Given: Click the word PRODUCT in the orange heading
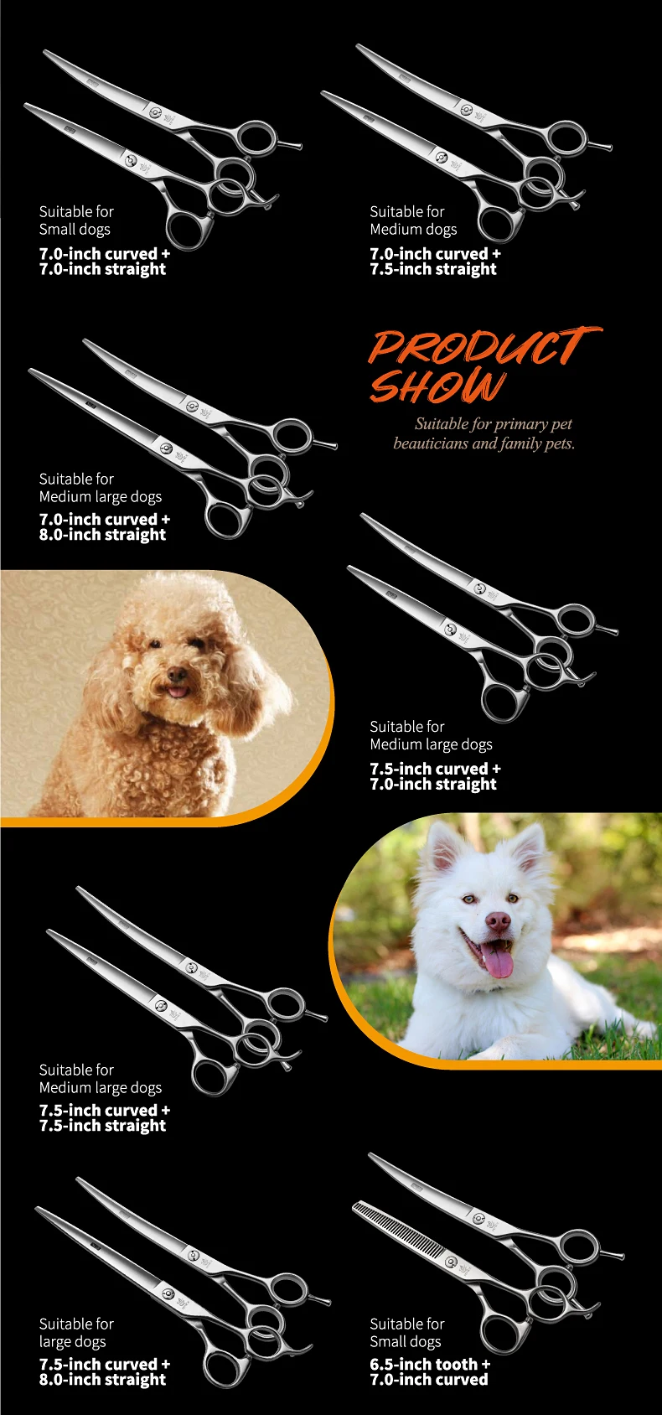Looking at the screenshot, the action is tap(485, 346).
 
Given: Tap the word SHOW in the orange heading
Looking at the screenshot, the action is tap(437, 386).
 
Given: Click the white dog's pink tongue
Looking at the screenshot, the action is tap(499, 960).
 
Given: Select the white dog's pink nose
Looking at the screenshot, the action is tap(498, 921).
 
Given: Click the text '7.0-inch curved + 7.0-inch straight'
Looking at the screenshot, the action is tap(105, 262).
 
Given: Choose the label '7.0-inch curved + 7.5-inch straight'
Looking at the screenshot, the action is tap(435, 262).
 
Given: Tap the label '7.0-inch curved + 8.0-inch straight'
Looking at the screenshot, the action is tap(105, 526).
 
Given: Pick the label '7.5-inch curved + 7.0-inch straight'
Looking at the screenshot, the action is tap(435, 776).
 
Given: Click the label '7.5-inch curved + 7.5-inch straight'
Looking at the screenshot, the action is tap(105, 1117).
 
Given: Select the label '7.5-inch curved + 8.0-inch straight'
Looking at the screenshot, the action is tap(105, 1371).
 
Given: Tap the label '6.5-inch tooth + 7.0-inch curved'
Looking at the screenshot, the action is tap(430, 1371).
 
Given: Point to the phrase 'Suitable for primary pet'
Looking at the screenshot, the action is tap(494, 424).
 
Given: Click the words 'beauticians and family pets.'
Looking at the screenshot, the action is tap(484, 443).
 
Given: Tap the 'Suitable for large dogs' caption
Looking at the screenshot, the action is tap(76, 1332).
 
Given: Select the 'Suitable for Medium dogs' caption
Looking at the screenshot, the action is tap(413, 220).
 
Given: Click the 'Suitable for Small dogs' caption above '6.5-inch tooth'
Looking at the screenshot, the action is tap(406, 1332).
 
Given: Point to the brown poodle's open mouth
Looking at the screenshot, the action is tap(178, 690).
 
